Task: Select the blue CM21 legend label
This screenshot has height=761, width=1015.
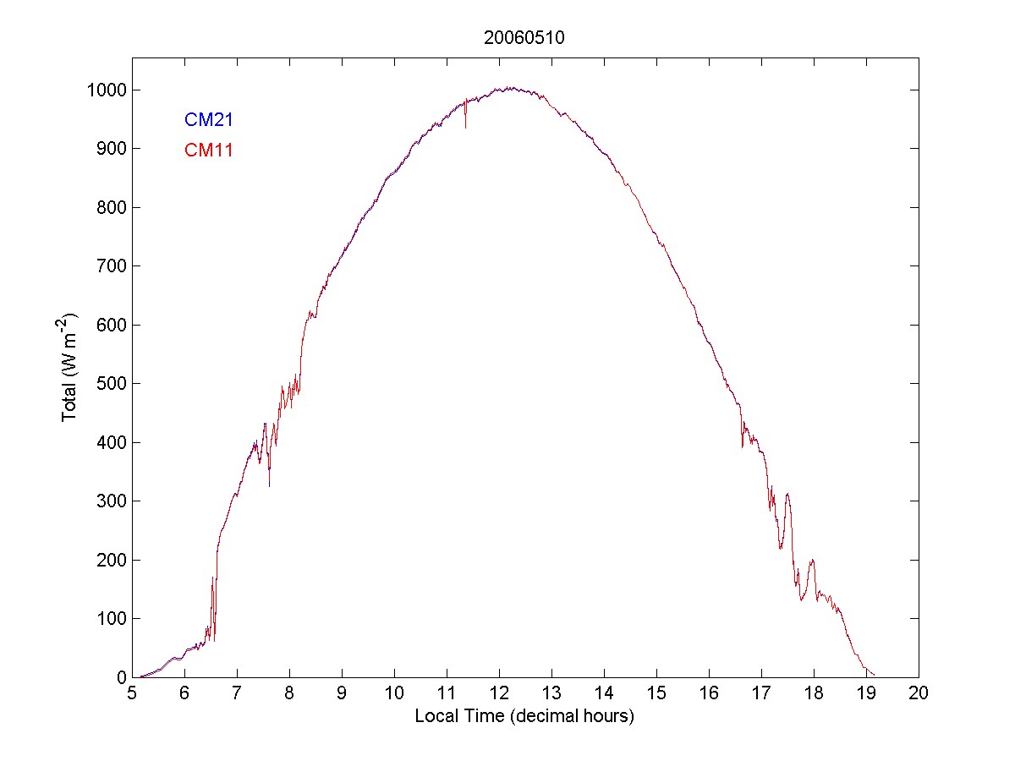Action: point(208,120)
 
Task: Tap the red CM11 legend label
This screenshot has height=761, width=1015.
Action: point(208,151)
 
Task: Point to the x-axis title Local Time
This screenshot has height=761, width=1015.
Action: point(524,717)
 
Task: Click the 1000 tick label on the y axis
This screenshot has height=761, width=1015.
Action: point(106,90)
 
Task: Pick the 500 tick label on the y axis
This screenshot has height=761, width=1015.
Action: point(111,384)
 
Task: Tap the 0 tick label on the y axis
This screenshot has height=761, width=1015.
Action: point(122,677)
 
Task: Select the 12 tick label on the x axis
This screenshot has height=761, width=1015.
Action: point(499,693)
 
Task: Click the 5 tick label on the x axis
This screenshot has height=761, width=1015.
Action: point(132,693)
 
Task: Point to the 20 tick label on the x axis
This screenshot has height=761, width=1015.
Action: point(919,693)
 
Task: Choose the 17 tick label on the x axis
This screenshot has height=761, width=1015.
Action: point(761,693)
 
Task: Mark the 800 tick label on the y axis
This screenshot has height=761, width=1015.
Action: point(111,208)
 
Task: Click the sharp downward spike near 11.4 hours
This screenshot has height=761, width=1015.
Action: point(466,127)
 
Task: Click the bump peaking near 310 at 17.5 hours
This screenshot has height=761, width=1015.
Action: point(787,495)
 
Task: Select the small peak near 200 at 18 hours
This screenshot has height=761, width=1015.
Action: point(812,561)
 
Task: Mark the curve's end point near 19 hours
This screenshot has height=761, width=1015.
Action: point(875,675)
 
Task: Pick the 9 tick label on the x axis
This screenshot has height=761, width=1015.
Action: point(342,693)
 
